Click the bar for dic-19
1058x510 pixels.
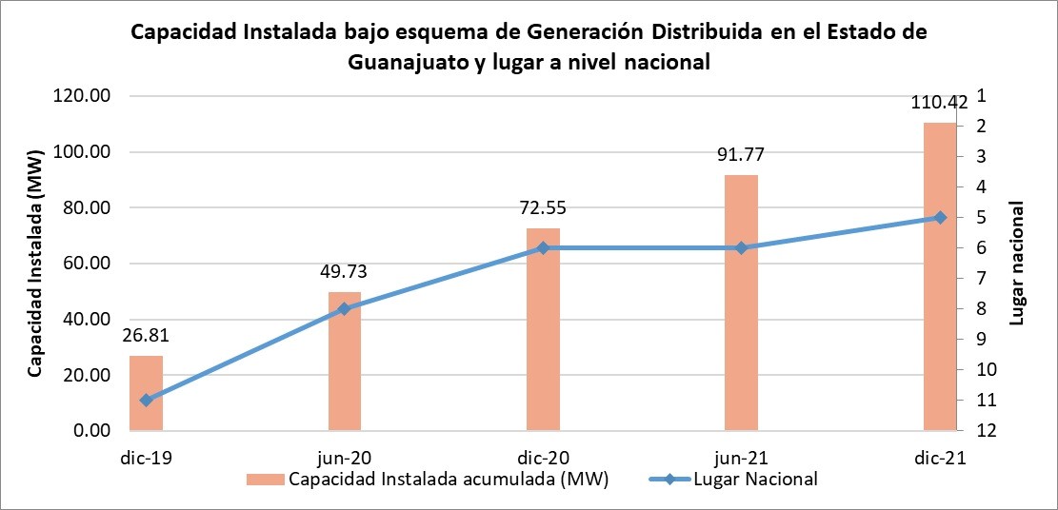147,393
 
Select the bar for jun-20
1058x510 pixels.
345,362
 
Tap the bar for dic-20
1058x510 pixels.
543,329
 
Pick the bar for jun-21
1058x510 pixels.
741,303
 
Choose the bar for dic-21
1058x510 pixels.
939,276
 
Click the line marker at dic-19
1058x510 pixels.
147,401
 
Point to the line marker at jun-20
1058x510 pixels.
345,308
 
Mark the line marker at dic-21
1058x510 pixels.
940,218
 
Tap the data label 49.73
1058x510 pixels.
344,273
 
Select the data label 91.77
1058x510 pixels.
741,156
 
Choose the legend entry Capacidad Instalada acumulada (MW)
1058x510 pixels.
449,479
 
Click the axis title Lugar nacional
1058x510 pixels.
1016,263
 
